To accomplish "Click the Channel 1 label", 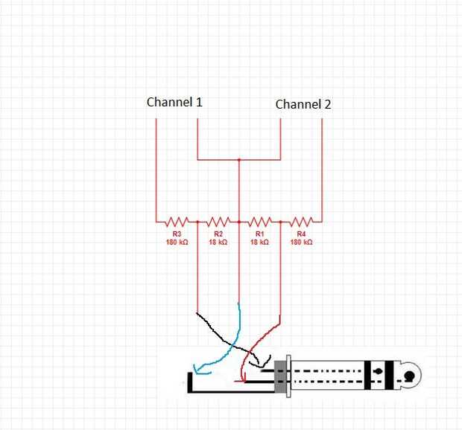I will tap(174, 102).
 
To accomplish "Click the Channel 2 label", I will tap(303, 104).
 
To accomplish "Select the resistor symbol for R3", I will tap(177, 221).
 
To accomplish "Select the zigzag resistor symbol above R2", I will tap(218, 221).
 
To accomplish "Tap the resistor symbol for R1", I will tap(259, 221).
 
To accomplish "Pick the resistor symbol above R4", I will tap(300, 221).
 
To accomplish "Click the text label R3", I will tap(177, 234).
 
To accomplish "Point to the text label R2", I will tap(218, 234).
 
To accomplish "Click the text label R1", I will tap(259, 234).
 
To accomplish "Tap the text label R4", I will tap(300, 234).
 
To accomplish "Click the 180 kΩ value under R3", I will tap(177, 242).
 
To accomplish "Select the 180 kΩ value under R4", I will tap(300, 242).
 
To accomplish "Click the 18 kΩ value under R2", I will tap(218, 242).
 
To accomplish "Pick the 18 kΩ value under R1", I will tap(259, 242).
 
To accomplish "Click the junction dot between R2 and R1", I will tap(238, 221).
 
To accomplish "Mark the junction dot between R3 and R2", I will tap(197, 221).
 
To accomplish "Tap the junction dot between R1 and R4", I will tap(279, 221).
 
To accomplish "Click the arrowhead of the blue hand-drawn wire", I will tap(197, 368).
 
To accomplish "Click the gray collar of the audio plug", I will tap(280, 376).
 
